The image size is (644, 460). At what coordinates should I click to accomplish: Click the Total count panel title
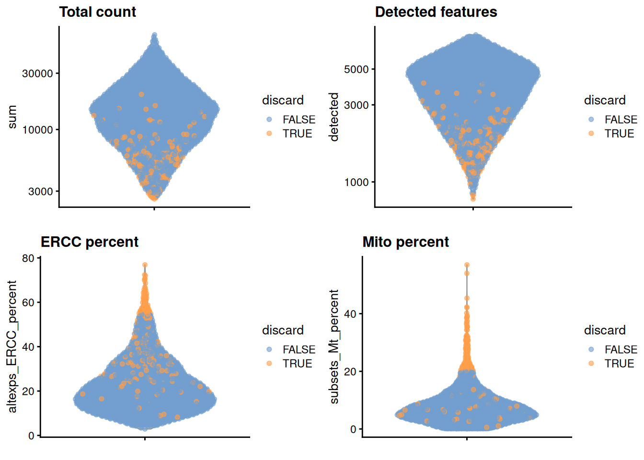click(x=97, y=12)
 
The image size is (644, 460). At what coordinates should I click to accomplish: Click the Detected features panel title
click(x=436, y=12)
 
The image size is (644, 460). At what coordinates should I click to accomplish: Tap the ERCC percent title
click(x=90, y=242)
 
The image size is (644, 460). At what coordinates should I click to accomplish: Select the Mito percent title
click(x=405, y=242)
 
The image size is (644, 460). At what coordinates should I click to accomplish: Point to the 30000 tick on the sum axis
click(x=37, y=73)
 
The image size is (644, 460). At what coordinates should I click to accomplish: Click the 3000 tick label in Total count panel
click(x=40, y=191)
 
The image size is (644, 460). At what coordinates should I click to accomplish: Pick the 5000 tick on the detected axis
click(x=356, y=69)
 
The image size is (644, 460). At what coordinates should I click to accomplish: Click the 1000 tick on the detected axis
click(x=356, y=182)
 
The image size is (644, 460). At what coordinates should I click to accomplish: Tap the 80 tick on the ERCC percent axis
click(x=28, y=258)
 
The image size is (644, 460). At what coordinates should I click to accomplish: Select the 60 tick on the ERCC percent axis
click(x=28, y=302)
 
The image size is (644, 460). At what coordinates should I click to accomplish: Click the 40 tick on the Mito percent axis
click(x=350, y=314)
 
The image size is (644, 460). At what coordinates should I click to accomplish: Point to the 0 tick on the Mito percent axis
click(x=353, y=429)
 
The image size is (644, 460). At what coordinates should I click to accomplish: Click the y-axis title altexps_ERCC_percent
click(x=12, y=346)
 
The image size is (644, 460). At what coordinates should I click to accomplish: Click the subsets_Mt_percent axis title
click(x=334, y=346)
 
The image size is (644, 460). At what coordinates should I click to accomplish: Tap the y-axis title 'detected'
click(x=334, y=117)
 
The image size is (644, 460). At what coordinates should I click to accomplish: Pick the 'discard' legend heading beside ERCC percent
click(x=283, y=330)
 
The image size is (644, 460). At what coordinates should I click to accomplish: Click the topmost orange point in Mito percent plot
click(x=467, y=265)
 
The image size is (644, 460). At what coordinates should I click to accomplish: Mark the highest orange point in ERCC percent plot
click(x=145, y=265)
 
